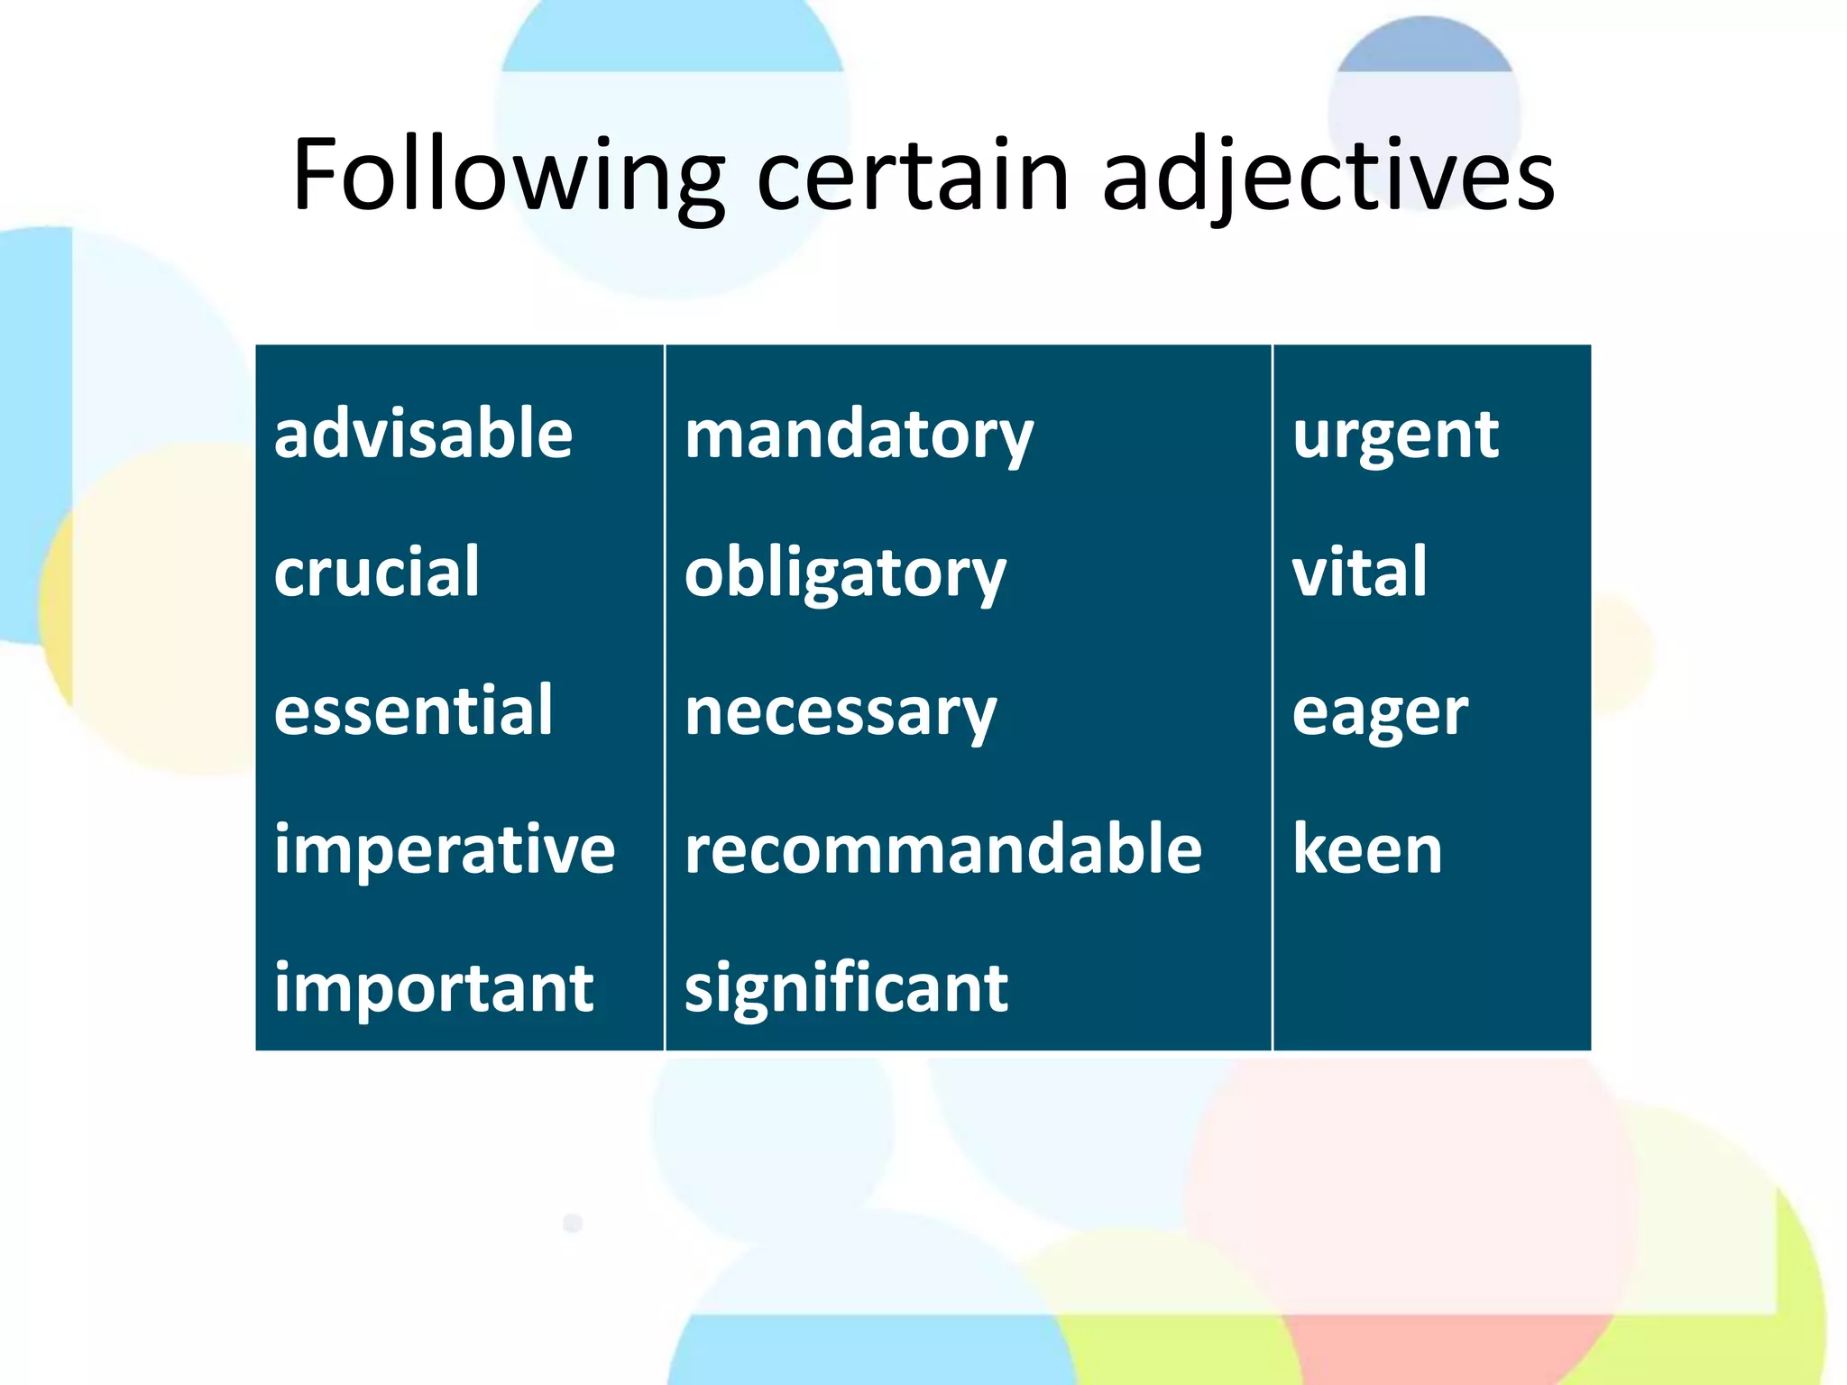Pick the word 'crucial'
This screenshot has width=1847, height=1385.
pos(377,572)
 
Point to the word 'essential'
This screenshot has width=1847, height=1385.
pos(413,711)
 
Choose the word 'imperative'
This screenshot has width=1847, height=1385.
pos(445,849)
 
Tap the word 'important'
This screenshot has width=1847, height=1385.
pos(434,988)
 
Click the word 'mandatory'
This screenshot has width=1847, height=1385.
pos(859,436)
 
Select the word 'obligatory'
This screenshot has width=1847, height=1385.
pos(845,574)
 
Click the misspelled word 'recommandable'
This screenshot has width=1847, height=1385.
pos(943,849)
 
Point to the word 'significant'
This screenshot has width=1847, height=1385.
pos(846,988)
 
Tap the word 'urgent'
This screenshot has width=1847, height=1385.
pos(1395,436)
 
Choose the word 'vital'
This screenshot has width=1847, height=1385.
pos(1360,572)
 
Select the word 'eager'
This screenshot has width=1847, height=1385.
pos(1380,713)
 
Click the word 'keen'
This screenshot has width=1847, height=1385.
pos(1367,849)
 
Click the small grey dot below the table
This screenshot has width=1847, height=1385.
pos(573,1223)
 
